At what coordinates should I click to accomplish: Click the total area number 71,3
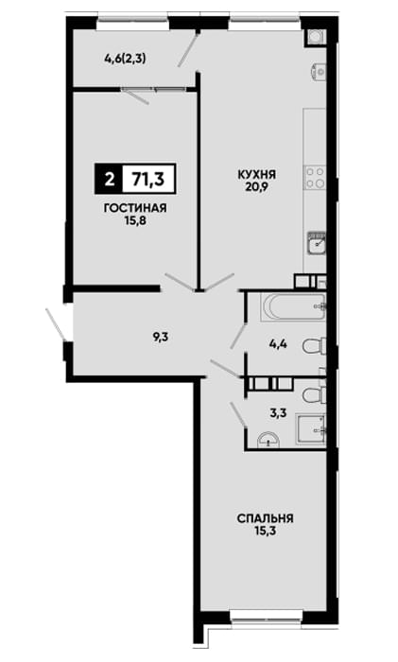148,179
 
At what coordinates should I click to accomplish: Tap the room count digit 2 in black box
109,180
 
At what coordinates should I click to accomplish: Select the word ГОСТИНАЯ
135,208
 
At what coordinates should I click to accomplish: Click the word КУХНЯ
256,174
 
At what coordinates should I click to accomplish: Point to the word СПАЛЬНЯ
265,518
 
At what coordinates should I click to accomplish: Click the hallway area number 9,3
161,337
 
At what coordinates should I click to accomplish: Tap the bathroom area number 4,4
279,344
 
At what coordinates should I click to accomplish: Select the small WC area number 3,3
279,412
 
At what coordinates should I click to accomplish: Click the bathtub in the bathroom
293,307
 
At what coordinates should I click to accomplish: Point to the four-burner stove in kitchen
315,178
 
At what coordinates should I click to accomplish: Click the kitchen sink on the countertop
317,244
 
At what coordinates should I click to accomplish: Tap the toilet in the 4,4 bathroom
315,346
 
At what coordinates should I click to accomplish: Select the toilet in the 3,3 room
315,394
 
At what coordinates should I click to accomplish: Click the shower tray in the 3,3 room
311,429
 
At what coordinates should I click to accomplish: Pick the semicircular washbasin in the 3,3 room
268,439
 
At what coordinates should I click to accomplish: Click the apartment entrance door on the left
55,324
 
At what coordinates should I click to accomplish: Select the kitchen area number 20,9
256,185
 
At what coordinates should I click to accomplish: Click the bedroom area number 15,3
265,530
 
